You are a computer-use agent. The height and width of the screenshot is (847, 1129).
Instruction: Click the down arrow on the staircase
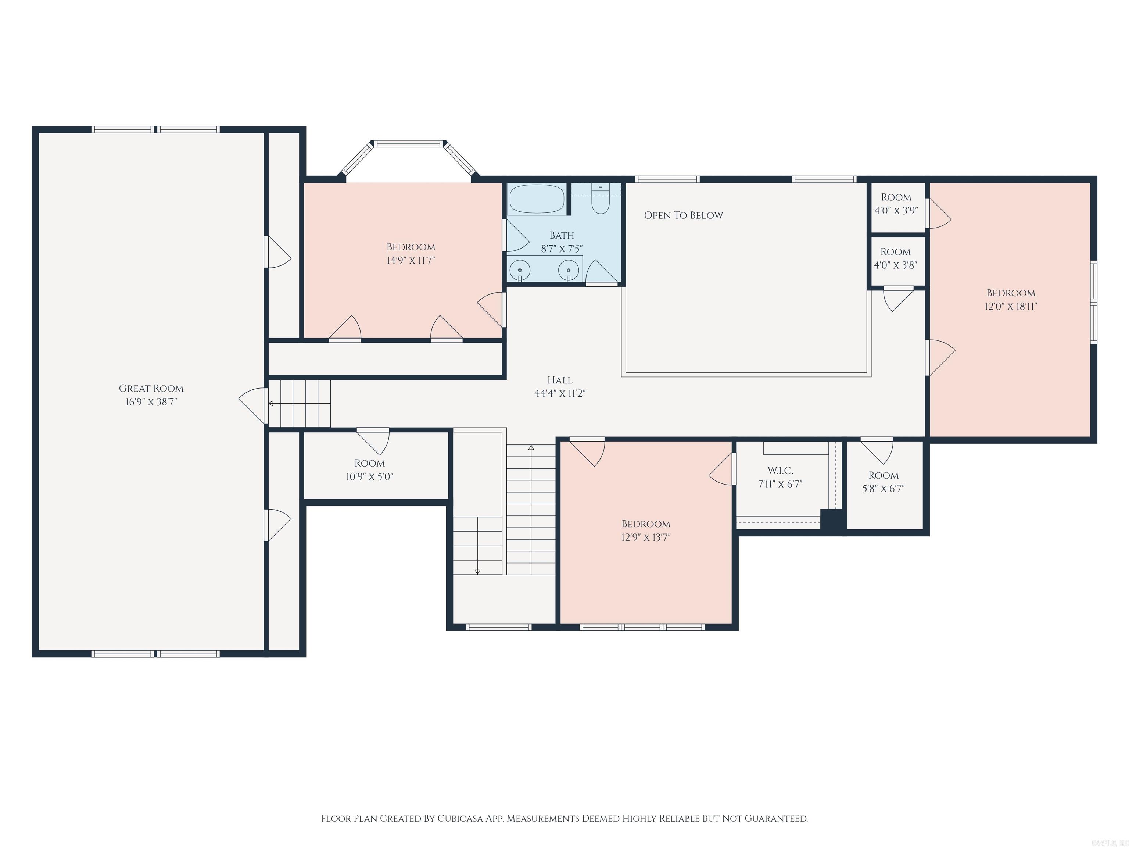(x=477, y=571)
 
